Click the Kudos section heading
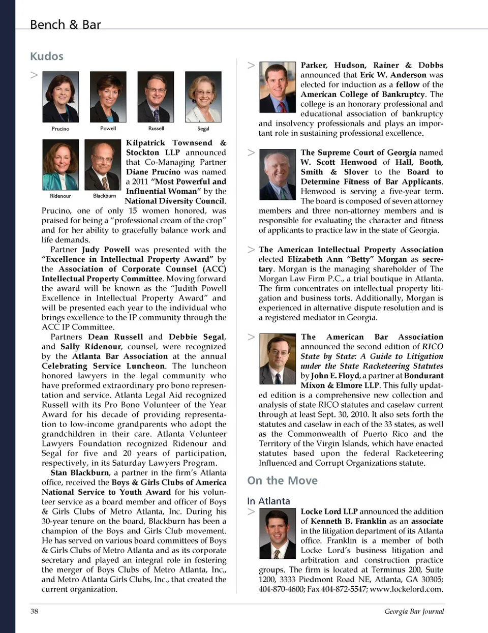[47, 56]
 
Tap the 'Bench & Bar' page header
[65, 24]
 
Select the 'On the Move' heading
[282, 480]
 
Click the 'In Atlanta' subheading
[268, 501]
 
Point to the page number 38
[34, 611]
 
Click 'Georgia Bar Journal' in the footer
[414, 611]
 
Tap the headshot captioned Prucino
[60, 97]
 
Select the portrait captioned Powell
[108, 97]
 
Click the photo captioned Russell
[156, 97]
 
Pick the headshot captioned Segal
[203, 97]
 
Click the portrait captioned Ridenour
[60, 165]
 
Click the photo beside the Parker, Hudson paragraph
[277, 87]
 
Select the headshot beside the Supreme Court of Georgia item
[277, 174]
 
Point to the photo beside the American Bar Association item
[277, 358]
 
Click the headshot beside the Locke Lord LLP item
[277, 534]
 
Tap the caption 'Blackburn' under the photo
[104, 196]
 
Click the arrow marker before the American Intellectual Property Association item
[251, 250]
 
